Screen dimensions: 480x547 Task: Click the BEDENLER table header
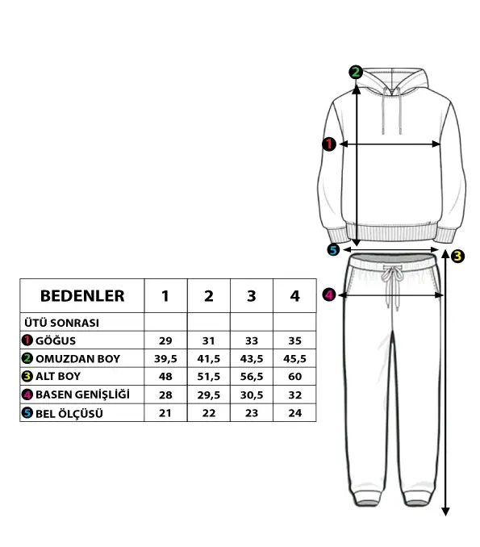click(82, 296)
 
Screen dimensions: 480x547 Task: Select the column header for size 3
click(252, 296)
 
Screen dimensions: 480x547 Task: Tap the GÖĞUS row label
click(56, 340)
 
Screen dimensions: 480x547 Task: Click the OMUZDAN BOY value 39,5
click(165, 359)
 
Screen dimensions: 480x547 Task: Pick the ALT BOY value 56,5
click(252, 377)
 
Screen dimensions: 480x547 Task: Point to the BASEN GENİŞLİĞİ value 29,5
click(209, 395)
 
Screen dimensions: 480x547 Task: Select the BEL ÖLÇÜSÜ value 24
click(294, 413)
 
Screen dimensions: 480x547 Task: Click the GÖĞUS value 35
click(294, 340)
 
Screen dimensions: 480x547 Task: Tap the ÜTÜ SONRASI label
click(62, 323)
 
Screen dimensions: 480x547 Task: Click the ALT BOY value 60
click(294, 377)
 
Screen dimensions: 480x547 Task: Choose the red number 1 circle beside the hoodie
click(328, 144)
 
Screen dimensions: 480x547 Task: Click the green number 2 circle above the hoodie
click(356, 73)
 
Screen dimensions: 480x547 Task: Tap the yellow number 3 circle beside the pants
click(457, 256)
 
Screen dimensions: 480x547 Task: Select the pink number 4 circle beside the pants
click(329, 294)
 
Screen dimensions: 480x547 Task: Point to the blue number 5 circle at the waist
click(333, 250)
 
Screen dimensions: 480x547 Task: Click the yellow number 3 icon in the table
click(27, 377)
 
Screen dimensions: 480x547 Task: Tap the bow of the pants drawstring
click(392, 273)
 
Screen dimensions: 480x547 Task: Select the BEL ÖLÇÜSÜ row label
click(69, 414)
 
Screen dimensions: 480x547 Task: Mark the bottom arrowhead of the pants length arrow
click(445, 512)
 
